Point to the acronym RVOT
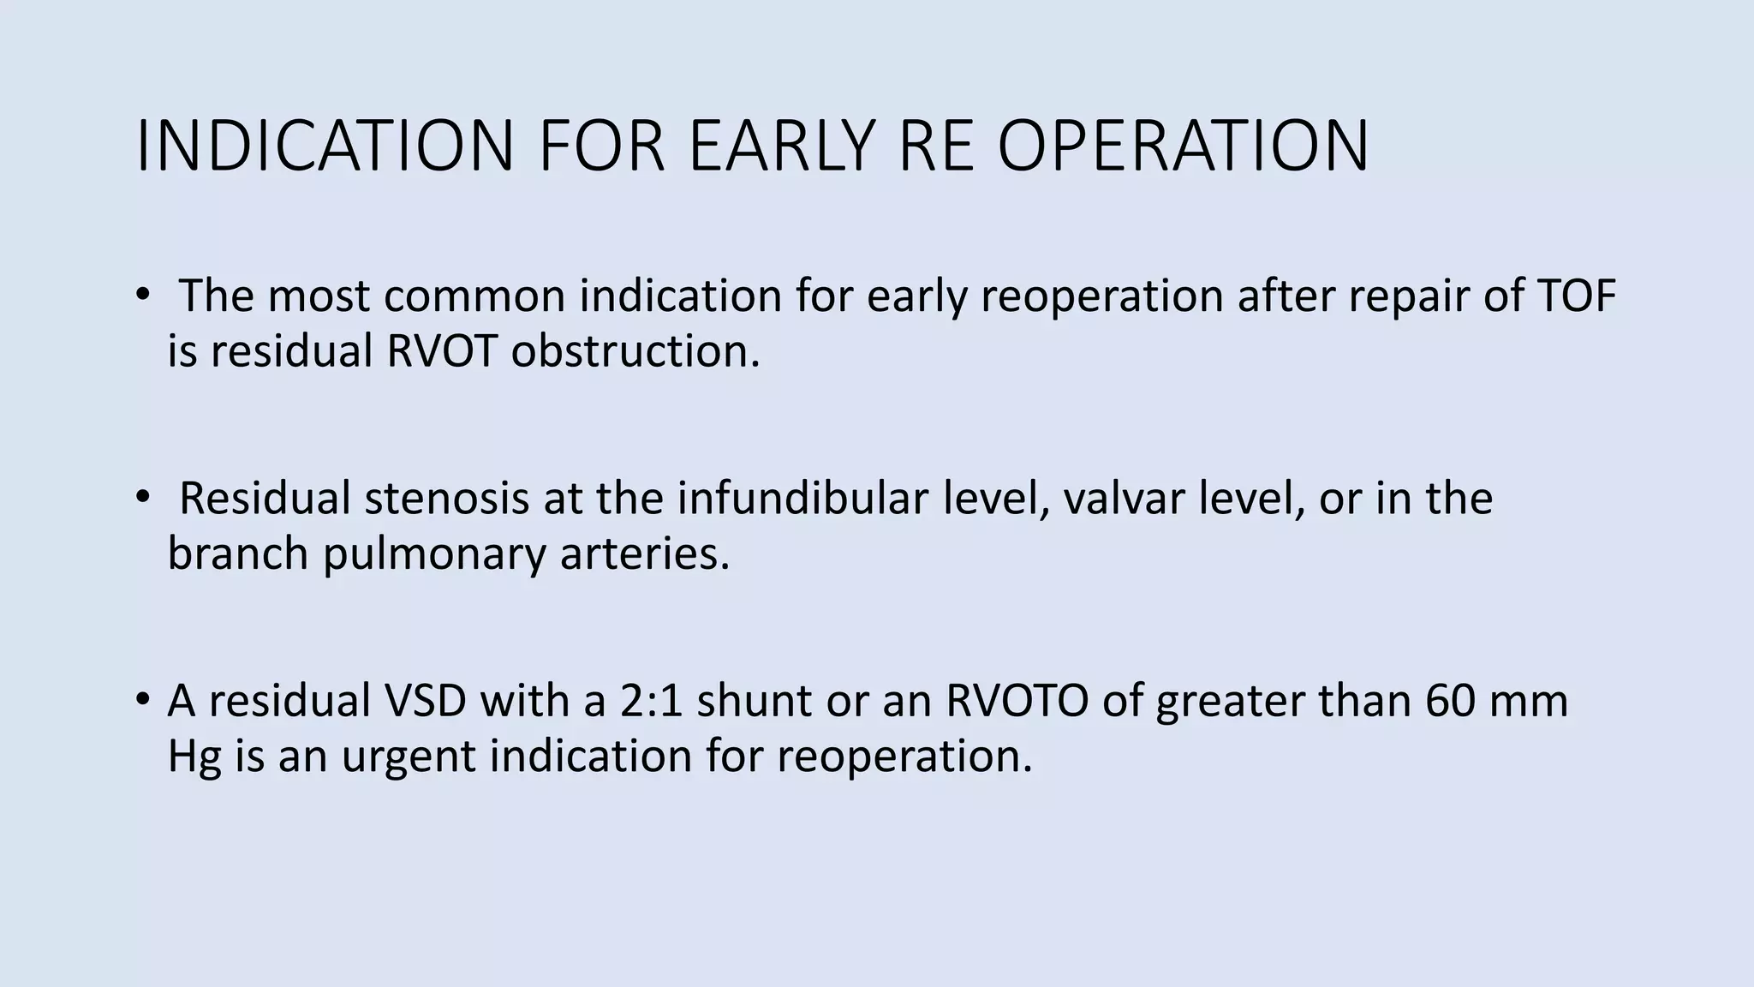(441, 351)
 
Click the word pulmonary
(433, 554)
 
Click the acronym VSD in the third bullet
(425, 700)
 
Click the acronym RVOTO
(1017, 700)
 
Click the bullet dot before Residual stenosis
(142, 499)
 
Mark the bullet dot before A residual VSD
(142, 700)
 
